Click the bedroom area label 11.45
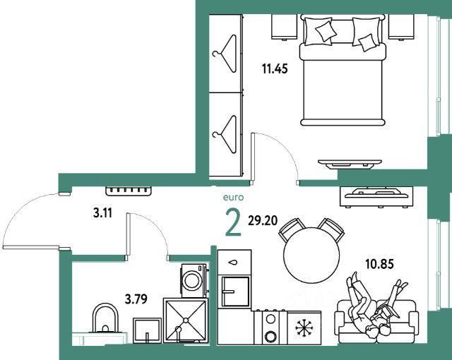pyautogui.click(x=275, y=69)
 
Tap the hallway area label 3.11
pyautogui.click(x=102, y=213)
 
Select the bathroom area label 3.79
pyautogui.click(x=136, y=299)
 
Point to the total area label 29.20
pyautogui.click(x=263, y=221)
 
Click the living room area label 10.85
pyautogui.click(x=379, y=264)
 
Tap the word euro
pyautogui.click(x=233, y=197)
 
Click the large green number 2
pyautogui.click(x=233, y=222)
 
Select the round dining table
pyautogui.click(x=311, y=255)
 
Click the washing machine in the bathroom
pyautogui.click(x=194, y=280)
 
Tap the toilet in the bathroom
pyautogui.click(x=105, y=319)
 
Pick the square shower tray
pyautogui.click(x=186, y=320)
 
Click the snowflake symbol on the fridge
pyautogui.click(x=304, y=328)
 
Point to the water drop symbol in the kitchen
pyautogui.click(x=232, y=263)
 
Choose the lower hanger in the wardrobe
pyautogui.click(x=225, y=135)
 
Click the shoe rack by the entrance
pyautogui.click(x=129, y=191)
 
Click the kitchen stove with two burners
pyautogui.click(x=270, y=327)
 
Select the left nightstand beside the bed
pyautogui.click(x=284, y=27)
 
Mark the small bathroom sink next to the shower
pyautogui.click(x=148, y=330)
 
